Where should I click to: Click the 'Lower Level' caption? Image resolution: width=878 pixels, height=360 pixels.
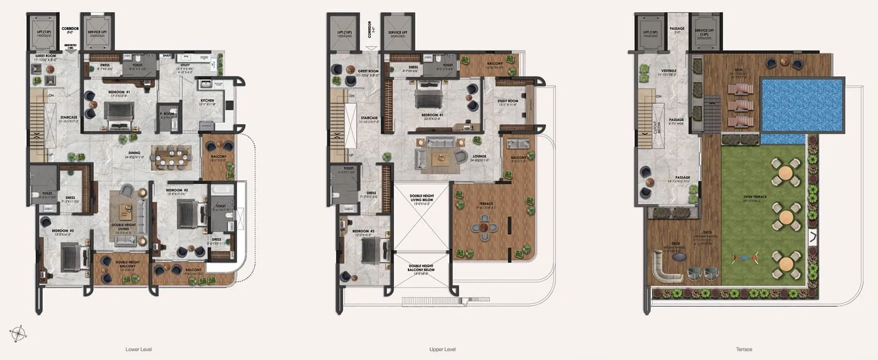(138, 349)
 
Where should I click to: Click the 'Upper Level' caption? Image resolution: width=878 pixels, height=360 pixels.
(442, 349)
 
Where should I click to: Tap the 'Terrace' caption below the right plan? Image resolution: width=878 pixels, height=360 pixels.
(744, 349)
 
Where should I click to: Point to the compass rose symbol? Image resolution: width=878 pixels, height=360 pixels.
(18, 333)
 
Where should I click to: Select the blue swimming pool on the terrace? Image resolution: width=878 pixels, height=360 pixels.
(801, 104)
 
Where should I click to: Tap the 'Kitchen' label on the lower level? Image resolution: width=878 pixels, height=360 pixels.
(207, 102)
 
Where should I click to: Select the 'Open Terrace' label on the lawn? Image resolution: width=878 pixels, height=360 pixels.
(755, 198)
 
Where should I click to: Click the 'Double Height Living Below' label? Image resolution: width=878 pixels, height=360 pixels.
(421, 198)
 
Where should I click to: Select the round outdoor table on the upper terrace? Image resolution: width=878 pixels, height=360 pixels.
(486, 227)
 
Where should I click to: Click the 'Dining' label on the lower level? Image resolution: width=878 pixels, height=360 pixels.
(134, 154)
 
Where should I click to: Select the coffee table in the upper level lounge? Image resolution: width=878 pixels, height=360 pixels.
(439, 159)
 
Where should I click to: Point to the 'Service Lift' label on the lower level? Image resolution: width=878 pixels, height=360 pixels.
(97, 33)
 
